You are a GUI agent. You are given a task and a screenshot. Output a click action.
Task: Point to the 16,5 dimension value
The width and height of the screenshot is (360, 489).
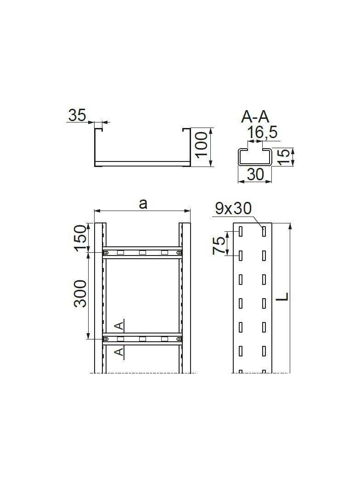click(x=262, y=133)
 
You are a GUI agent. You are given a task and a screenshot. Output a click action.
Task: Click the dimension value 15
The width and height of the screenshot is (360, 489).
click(x=285, y=157)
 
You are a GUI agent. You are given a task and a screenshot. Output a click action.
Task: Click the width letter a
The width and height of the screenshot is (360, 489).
click(x=143, y=203)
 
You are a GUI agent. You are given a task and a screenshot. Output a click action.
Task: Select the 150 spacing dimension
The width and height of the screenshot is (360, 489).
click(x=81, y=238)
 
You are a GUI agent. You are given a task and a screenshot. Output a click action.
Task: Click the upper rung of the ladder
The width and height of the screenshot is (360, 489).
click(x=142, y=252)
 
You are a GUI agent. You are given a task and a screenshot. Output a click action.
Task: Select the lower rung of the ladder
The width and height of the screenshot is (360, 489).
click(x=142, y=339)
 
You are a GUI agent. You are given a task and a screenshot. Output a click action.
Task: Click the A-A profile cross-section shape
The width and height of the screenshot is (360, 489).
click(x=254, y=156)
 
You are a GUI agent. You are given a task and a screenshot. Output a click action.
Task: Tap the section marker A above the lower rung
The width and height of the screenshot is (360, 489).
click(x=119, y=326)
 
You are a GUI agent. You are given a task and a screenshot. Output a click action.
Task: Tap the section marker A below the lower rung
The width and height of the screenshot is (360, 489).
click(x=119, y=352)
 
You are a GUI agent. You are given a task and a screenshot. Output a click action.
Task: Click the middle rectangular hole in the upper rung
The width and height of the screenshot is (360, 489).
click(x=142, y=252)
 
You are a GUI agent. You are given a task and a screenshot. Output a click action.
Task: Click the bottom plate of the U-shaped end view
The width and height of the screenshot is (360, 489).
click(x=142, y=163)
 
